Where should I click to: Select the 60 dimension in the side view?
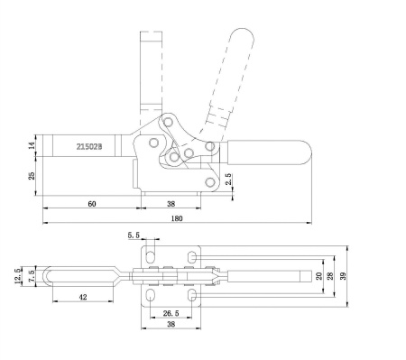pos(91,204)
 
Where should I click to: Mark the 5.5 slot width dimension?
pos(135,235)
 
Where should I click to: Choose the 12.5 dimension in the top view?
pos(20,270)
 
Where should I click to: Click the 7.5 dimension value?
pos(32,273)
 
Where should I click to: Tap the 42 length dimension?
pos(83,296)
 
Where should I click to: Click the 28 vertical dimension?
pos(330,276)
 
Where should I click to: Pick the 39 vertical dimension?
pos(346,276)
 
